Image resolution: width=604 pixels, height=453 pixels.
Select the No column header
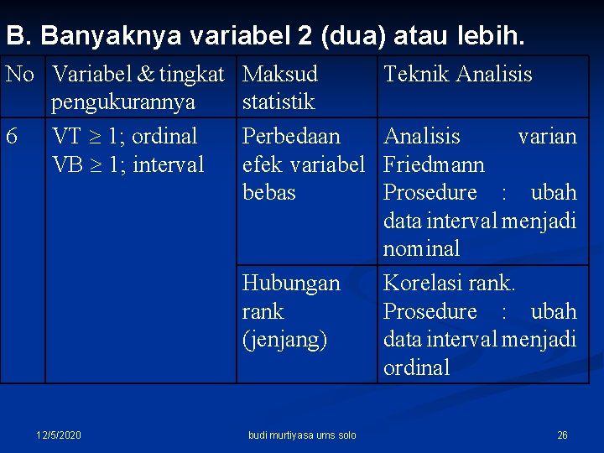19,75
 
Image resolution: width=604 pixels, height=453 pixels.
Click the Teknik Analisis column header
457,75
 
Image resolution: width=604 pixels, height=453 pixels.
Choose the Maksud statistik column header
279,88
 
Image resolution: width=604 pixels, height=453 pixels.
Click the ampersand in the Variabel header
146,75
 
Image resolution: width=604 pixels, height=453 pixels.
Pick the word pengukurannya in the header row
123,102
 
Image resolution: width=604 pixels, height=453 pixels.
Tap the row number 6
12,136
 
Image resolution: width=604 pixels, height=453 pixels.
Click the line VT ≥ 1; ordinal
124,136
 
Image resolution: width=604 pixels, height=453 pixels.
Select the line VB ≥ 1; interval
128,164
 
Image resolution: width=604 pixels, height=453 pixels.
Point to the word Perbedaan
291,136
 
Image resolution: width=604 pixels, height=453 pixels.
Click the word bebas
268,193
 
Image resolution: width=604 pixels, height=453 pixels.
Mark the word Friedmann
434,164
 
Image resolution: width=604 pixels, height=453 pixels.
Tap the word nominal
421,249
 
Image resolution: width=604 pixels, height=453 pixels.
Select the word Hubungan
290,284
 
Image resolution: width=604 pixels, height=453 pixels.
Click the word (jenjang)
284,340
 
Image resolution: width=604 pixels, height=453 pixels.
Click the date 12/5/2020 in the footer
59,435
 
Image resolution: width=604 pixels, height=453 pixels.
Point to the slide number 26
562,435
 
